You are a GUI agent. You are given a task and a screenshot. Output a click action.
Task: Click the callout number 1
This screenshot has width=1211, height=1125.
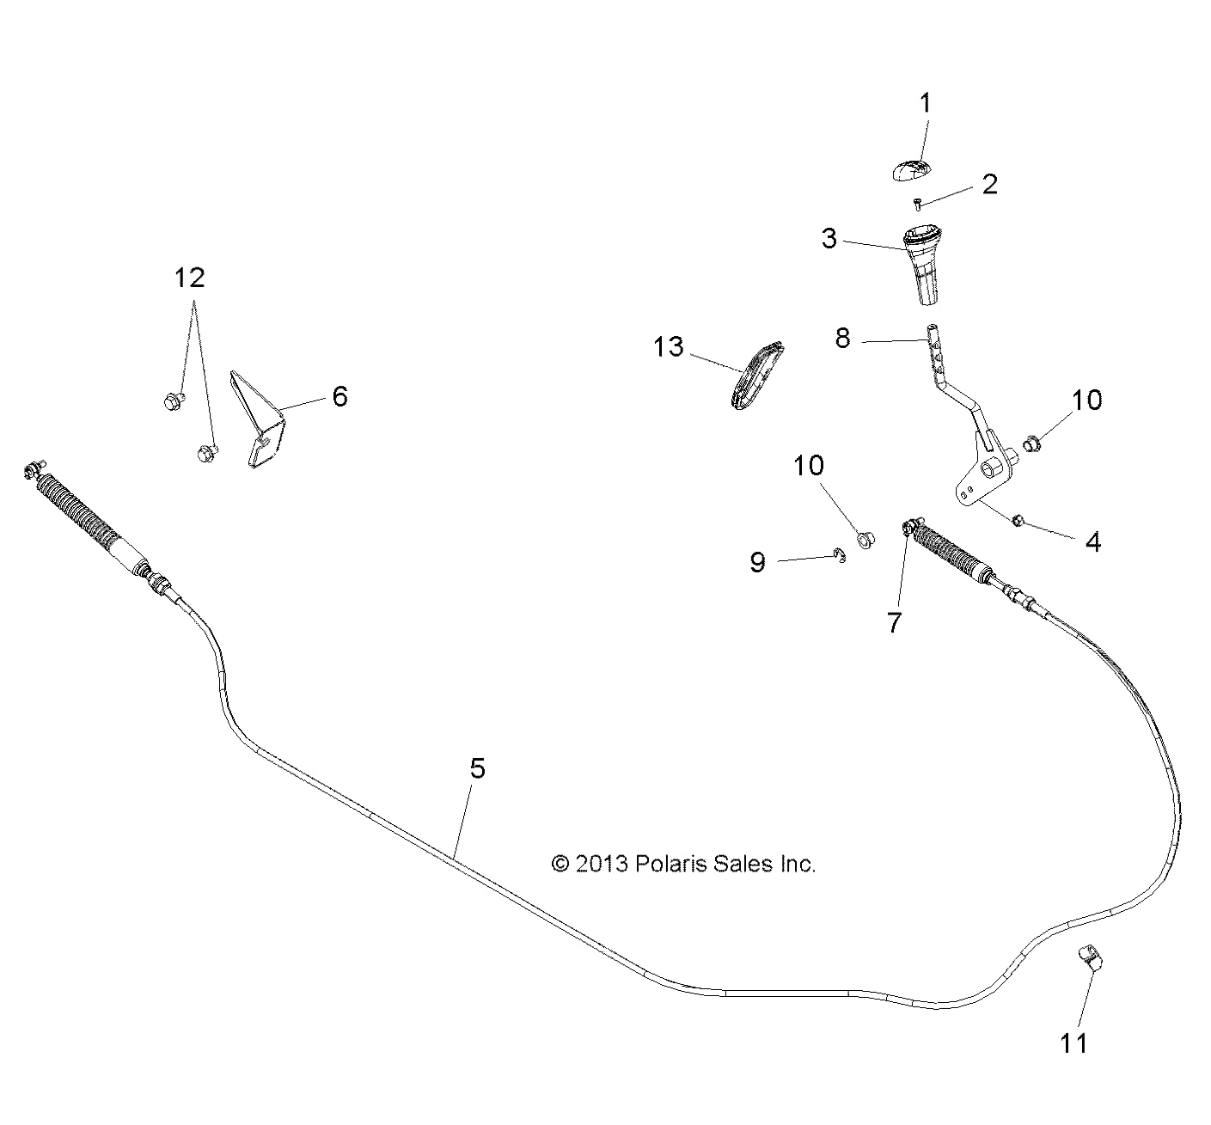pos(925,104)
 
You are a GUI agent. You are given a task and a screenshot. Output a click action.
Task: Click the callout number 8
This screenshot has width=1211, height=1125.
pos(842,339)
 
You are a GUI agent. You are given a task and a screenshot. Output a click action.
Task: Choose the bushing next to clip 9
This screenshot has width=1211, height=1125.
pos(865,540)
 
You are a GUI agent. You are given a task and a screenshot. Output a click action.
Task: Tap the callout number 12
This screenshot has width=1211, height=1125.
pos(190,278)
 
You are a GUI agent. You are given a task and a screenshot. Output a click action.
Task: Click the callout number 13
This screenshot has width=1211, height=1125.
pos(668,347)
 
